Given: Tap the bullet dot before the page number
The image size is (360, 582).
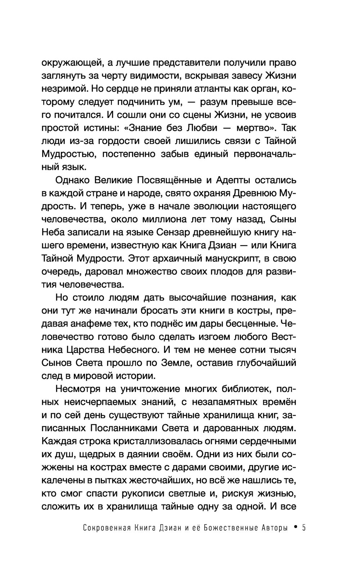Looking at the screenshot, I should coord(295,528).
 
